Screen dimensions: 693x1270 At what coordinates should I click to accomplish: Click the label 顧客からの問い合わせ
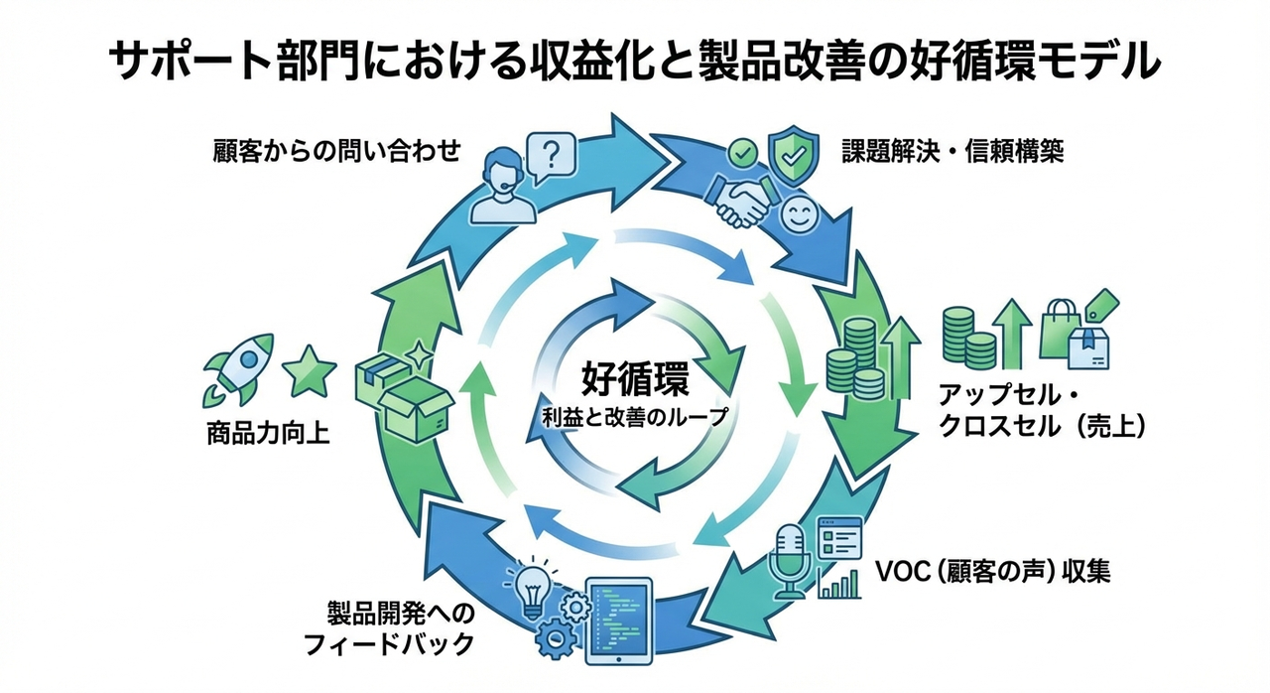337,152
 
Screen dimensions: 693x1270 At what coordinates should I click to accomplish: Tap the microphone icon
791,562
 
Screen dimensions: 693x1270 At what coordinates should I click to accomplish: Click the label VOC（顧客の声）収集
993,572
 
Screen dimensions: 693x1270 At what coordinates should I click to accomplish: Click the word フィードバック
388,644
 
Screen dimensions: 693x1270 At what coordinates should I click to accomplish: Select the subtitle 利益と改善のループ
634,418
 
